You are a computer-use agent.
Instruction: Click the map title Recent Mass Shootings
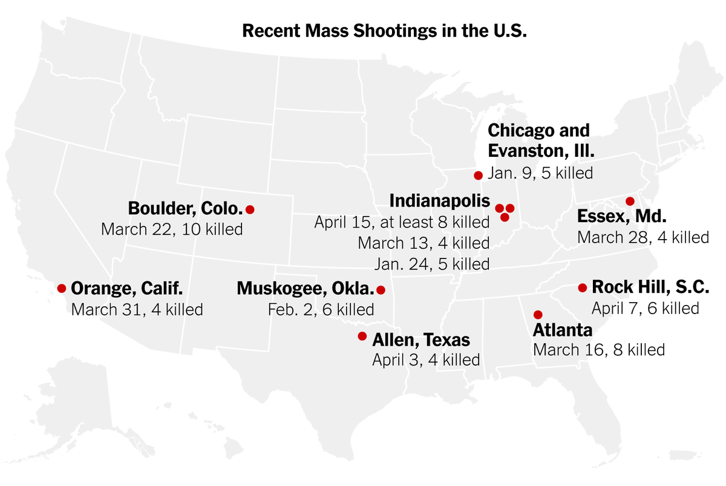[x=384, y=31]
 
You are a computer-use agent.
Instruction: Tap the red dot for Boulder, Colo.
[x=250, y=209]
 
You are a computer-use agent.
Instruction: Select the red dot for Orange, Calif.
[x=61, y=288]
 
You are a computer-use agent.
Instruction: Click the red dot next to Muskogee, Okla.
[x=381, y=290]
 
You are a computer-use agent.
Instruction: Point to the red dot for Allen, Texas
[x=362, y=336]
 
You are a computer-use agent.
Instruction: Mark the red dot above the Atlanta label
[x=537, y=314]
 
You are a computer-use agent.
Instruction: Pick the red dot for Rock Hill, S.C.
[x=582, y=287]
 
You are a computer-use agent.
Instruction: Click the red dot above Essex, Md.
[x=630, y=201]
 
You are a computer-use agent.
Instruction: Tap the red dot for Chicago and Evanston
[x=478, y=176]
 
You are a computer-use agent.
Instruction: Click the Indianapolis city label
[x=439, y=200]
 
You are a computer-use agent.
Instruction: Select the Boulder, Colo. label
[x=186, y=209]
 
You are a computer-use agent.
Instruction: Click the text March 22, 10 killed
[x=172, y=229]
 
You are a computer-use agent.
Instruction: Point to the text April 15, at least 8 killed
[x=402, y=222]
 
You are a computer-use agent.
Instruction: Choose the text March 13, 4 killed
[x=423, y=243]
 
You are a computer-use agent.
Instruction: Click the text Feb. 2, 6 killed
[x=321, y=310]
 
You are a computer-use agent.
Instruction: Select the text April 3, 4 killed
[x=426, y=360]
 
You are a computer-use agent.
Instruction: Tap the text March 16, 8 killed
[x=599, y=349]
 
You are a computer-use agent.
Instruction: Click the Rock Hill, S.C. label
[x=650, y=286]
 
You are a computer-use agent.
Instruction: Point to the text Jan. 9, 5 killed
[x=540, y=172]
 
